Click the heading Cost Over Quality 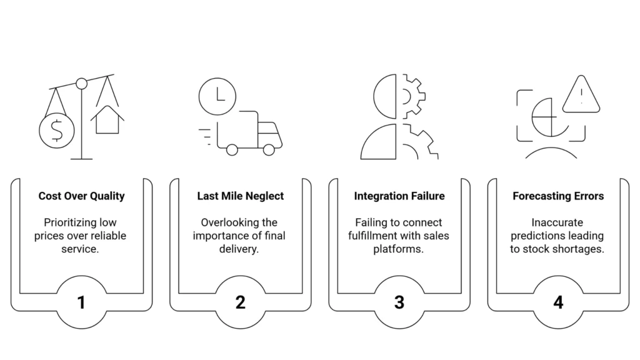tap(81, 196)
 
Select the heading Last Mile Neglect tap(240, 196)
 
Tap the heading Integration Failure tap(399, 196)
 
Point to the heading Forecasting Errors tap(558, 196)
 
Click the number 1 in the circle tap(81, 302)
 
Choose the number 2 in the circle tap(240, 302)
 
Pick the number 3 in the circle tap(399, 302)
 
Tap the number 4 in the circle tap(558, 302)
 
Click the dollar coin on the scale tap(56, 130)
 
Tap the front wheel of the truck tap(269, 149)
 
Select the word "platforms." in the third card tap(399, 249)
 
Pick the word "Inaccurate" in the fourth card tap(557, 222)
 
